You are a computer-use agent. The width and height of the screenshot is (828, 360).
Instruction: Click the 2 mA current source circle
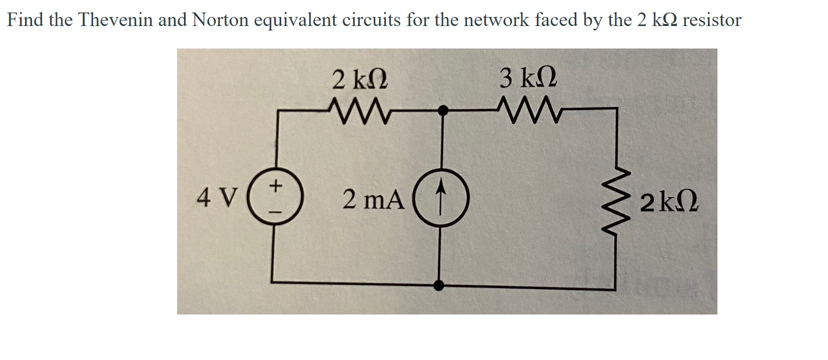440,199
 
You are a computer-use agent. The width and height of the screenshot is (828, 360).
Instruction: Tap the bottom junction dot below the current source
439,285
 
